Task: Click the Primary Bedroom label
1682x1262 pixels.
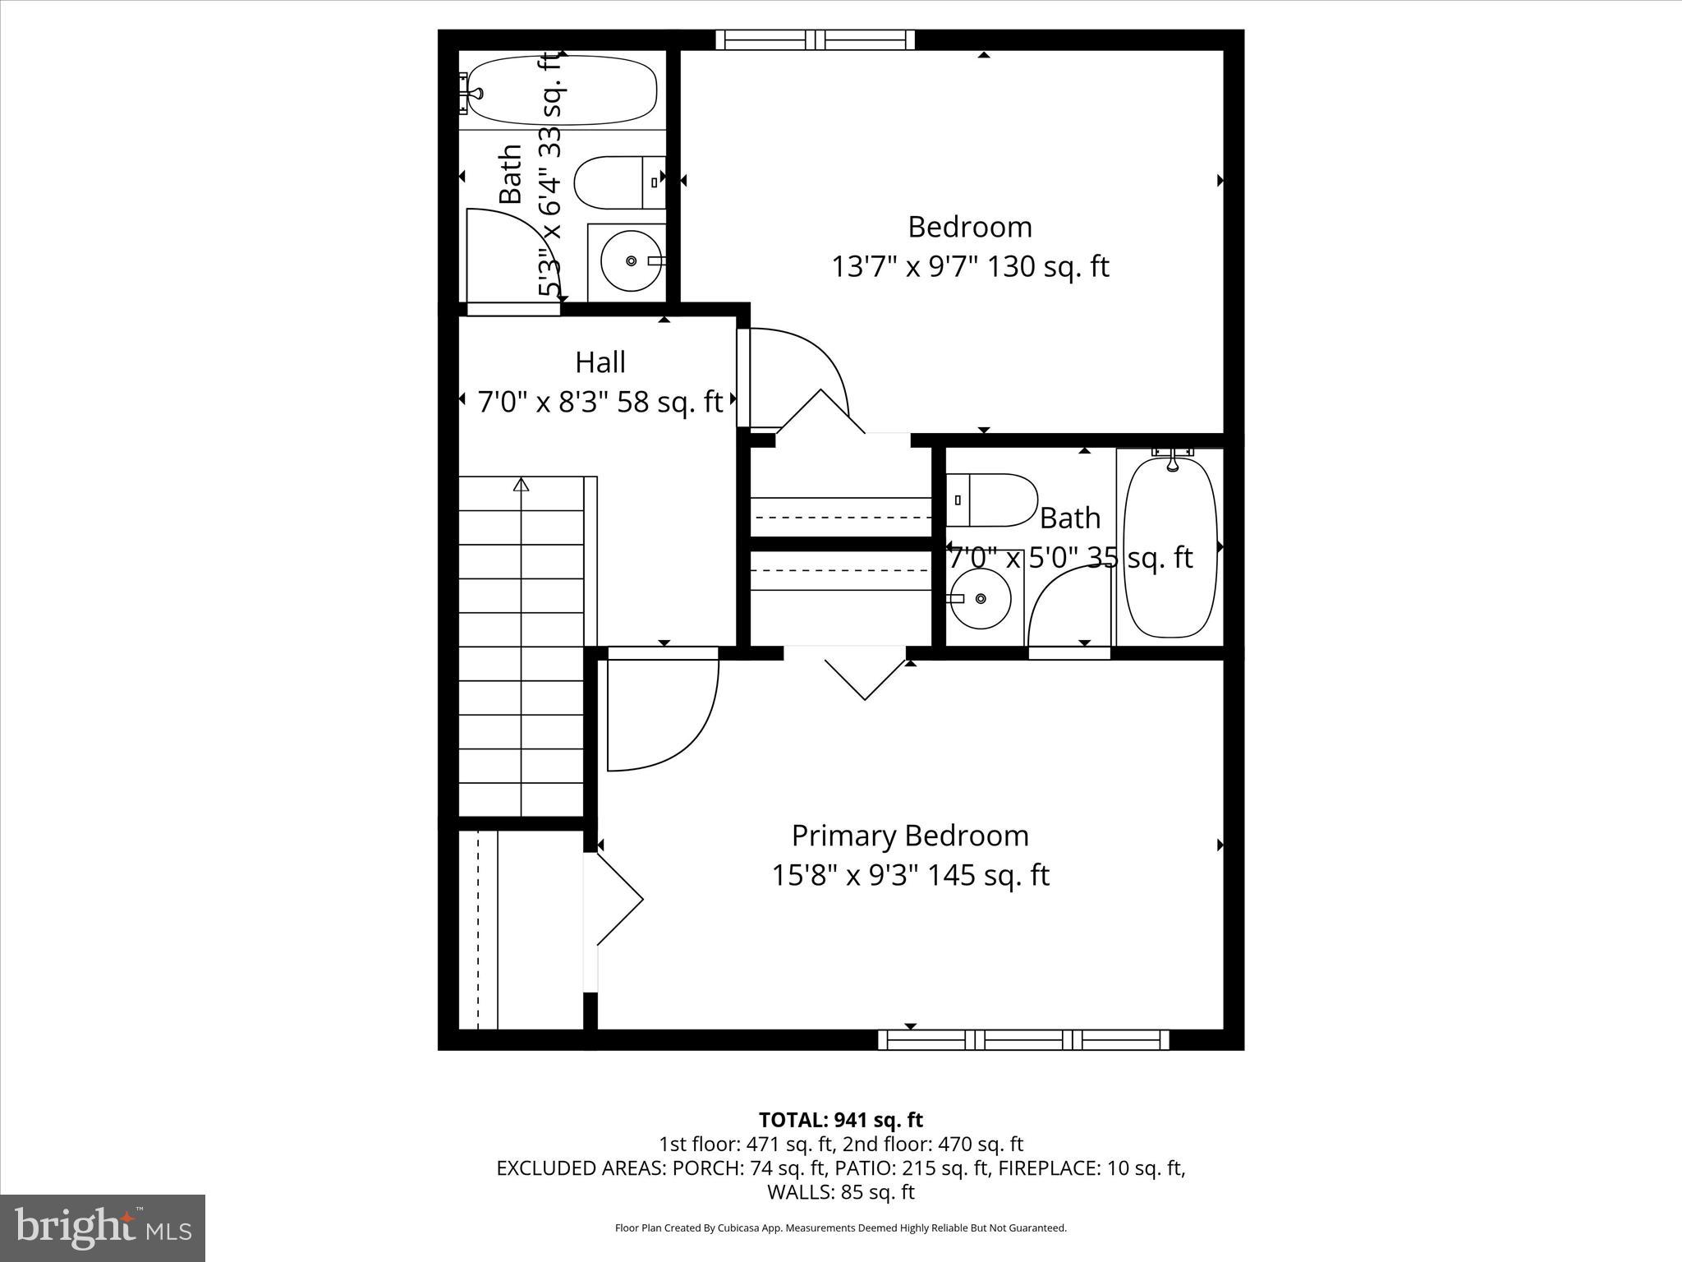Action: point(909,836)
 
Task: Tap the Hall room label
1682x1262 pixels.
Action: point(600,362)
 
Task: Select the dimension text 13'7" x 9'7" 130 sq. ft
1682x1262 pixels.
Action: point(970,267)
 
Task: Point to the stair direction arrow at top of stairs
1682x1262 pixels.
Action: point(521,485)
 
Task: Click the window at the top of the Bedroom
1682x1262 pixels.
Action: point(815,39)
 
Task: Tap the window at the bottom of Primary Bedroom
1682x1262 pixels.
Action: point(1023,1039)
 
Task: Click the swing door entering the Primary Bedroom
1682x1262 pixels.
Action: point(662,712)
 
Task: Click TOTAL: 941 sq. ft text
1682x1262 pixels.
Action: point(840,1120)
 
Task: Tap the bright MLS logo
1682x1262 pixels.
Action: point(103,1227)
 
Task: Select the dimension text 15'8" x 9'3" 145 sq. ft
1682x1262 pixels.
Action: point(909,876)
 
